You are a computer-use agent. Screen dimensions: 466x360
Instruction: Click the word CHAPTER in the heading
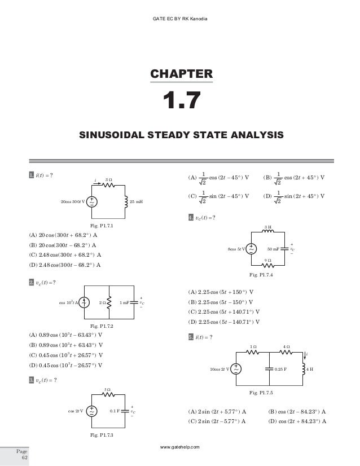181,73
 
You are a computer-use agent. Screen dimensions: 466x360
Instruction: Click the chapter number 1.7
181,102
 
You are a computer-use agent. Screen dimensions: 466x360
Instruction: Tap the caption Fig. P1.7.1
102,226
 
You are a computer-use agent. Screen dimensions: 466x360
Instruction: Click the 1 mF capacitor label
126,303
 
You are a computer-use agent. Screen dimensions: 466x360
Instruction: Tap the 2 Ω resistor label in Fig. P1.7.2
102,303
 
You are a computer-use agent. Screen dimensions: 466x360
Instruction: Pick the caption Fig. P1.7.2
102,326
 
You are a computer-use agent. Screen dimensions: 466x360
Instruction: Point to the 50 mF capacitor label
273,248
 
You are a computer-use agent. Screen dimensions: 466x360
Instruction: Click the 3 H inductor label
269,227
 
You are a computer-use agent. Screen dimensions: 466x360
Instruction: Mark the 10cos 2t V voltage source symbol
236,369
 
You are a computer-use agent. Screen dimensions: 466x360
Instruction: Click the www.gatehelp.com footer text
180,446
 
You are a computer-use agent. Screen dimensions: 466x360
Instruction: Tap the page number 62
24,458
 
